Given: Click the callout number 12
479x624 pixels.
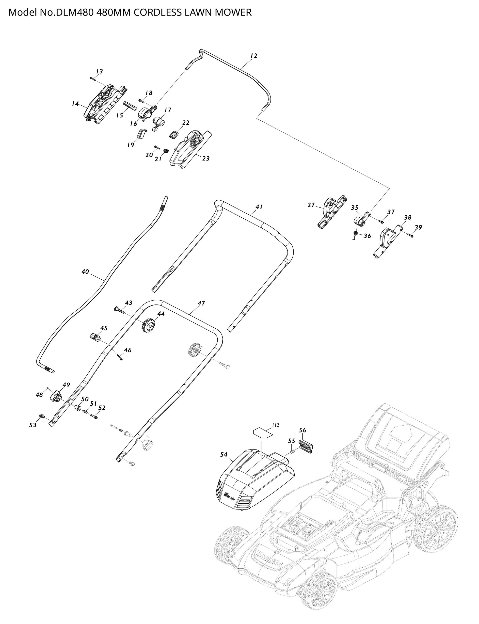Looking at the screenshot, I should coord(254,56).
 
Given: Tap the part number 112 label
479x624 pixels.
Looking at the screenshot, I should coord(275,425).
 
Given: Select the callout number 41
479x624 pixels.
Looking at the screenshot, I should coord(259,207).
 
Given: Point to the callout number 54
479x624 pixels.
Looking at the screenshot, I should coord(224,454).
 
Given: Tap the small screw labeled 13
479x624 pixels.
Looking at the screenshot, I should coord(92,78).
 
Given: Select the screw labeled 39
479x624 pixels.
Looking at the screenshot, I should coord(410,235).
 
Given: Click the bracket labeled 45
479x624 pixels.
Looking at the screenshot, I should coord(95,337).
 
